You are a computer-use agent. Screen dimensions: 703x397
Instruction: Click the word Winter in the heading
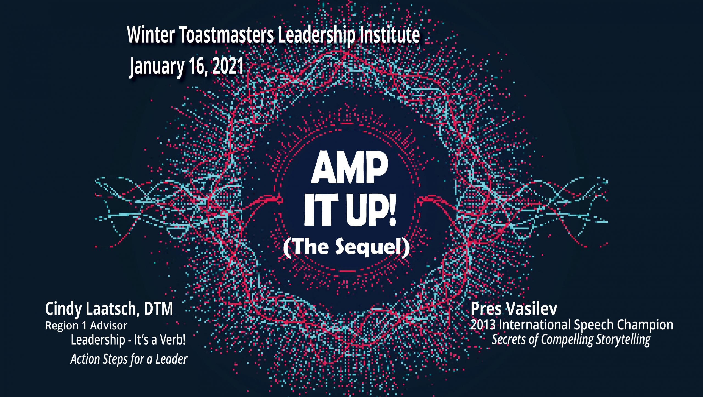click(151, 35)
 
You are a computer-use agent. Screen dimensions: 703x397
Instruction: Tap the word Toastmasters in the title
click(227, 35)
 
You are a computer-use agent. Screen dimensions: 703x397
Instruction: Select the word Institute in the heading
click(390, 35)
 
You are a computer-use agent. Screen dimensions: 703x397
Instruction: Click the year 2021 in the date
click(228, 66)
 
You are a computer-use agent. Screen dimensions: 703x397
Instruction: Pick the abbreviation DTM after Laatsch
click(158, 309)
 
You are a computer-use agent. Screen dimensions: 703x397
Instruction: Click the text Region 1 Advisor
click(86, 326)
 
